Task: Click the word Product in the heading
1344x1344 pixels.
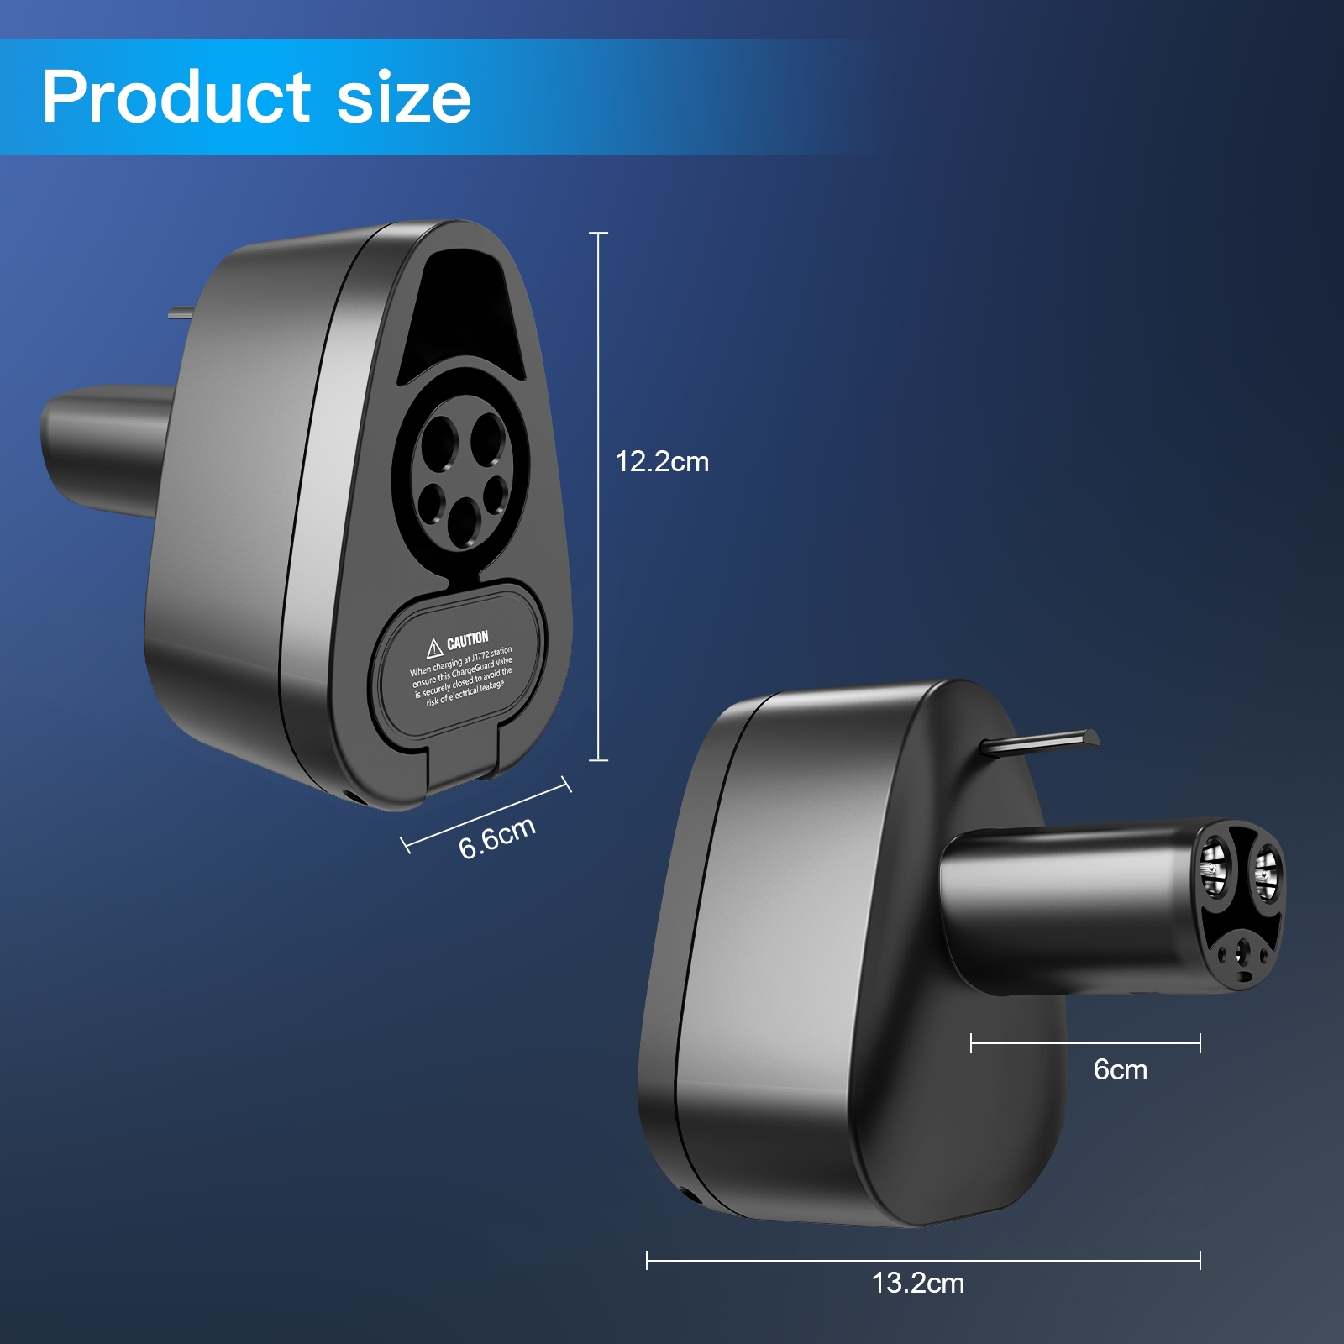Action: (x=176, y=97)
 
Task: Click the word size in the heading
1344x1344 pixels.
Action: (x=403, y=97)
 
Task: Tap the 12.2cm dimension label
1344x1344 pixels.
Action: (x=662, y=462)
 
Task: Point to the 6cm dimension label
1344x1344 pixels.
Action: (x=1120, y=1069)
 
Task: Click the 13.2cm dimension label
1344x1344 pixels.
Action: (x=917, y=1283)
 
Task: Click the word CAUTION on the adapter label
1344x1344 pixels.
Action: (x=467, y=641)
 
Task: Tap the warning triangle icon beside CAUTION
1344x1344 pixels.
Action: (x=434, y=648)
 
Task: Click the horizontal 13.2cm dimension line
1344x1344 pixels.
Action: (x=923, y=1260)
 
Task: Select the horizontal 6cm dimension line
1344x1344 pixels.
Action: (x=1085, y=1043)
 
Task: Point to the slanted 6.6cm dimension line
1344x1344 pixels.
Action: (x=487, y=814)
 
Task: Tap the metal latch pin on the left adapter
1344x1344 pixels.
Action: (x=180, y=313)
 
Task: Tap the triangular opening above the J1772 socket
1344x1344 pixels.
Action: (x=461, y=311)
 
